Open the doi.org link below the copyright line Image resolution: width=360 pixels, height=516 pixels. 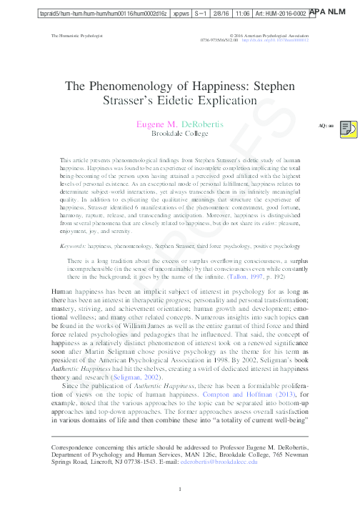(276, 40)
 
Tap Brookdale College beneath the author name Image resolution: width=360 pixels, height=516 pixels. (179, 133)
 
